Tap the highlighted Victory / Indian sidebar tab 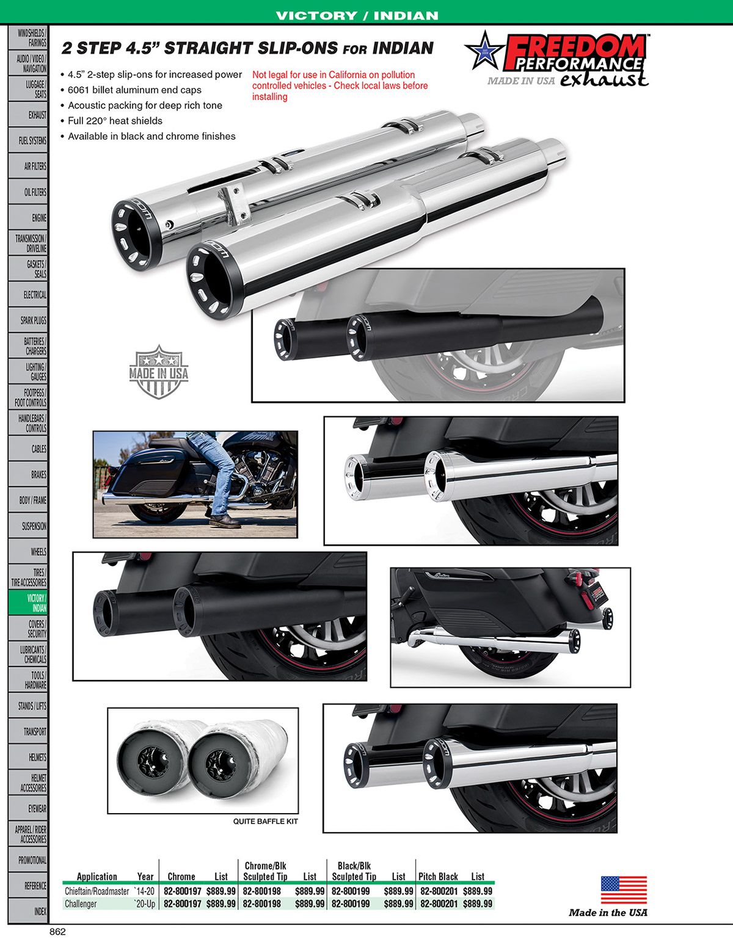pyautogui.click(x=28, y=602)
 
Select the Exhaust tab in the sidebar pyautogui.click(x=28, y=115)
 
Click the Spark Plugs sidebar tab pyautogui.click(x=28, y=320)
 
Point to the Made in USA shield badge pyautogui.click(x=159, y=372)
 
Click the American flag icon pyautogui.click(x=623, y=890)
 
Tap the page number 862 pyautogui.click(x=57, y=931)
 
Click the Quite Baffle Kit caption pyautogui.click(x=265, y=822)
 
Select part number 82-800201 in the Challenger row pyautogui.click(x=439, y=904)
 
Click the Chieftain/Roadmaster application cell pyautogui.click(x=97, y=891)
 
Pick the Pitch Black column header pyautogui.click(x=438, y=877)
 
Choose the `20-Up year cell pyautogui.click(x=145, y=904)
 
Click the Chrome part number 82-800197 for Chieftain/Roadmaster pyautogui.click(x=182, y=891)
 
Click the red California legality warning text pyautogui.click(x=340, y=85)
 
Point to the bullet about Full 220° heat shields pyautogui.click(x=115, y=121)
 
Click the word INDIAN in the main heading pyautogui.click(x=403, y=48)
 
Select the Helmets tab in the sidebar pyautogui.click(x=28, y=757)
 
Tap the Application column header pyautogui.click(x=97, y=877)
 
